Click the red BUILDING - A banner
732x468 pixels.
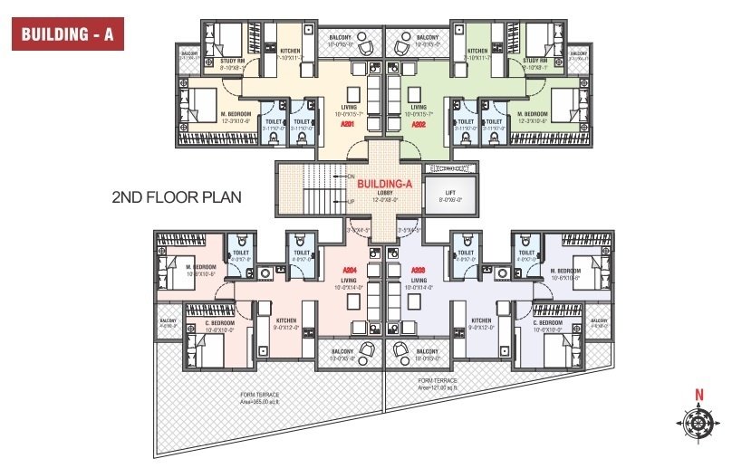click(x=65, y=36)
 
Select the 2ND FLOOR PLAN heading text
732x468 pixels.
click(x=176, y=196)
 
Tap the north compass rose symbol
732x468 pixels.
click(x=698, y=422)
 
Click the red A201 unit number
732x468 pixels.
click(x=346, y=125)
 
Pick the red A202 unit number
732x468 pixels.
click(x=419, y=125)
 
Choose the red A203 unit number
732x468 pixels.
click(x=418, y=270)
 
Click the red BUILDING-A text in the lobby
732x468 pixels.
click(x=385, y=184)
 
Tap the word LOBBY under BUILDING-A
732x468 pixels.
click(x=383, y=193)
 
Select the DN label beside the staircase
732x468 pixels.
click(x=350, y=177)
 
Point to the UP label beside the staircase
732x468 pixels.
click(x=350, y=202)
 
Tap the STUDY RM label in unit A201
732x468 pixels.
click(x=234, y=62)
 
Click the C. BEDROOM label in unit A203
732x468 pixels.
click(x=548, y=323)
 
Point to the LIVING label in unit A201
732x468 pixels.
click(x=348, y=107)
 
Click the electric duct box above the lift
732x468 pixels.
click(x=451, y=167)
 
